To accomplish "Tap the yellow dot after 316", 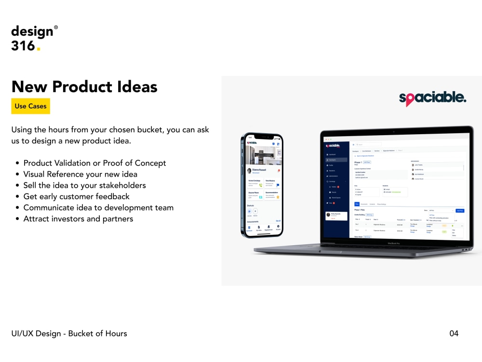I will click(x=39, y=49).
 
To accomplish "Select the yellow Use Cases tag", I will click(x=30, y=106).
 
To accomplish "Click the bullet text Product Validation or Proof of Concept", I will click(x=94, y=163).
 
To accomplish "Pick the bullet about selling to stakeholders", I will click(x=84, y=185).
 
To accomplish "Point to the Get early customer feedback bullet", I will click(x=76, y=196).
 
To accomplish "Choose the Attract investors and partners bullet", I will click(x=78, y=219).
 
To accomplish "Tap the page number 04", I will click(x=454, y=334).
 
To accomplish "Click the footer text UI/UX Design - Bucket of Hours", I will click(x=69, y=334).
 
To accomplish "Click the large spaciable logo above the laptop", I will click(x=432, y=98).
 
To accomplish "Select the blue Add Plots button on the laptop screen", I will click(x=460, y=210).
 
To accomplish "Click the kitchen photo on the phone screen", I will click(x=263, y=155).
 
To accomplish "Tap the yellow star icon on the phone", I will click(x=278, y=197).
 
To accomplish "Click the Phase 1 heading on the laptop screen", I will click(x=358, y=162).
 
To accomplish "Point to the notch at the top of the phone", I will click(x=262, y=137).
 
